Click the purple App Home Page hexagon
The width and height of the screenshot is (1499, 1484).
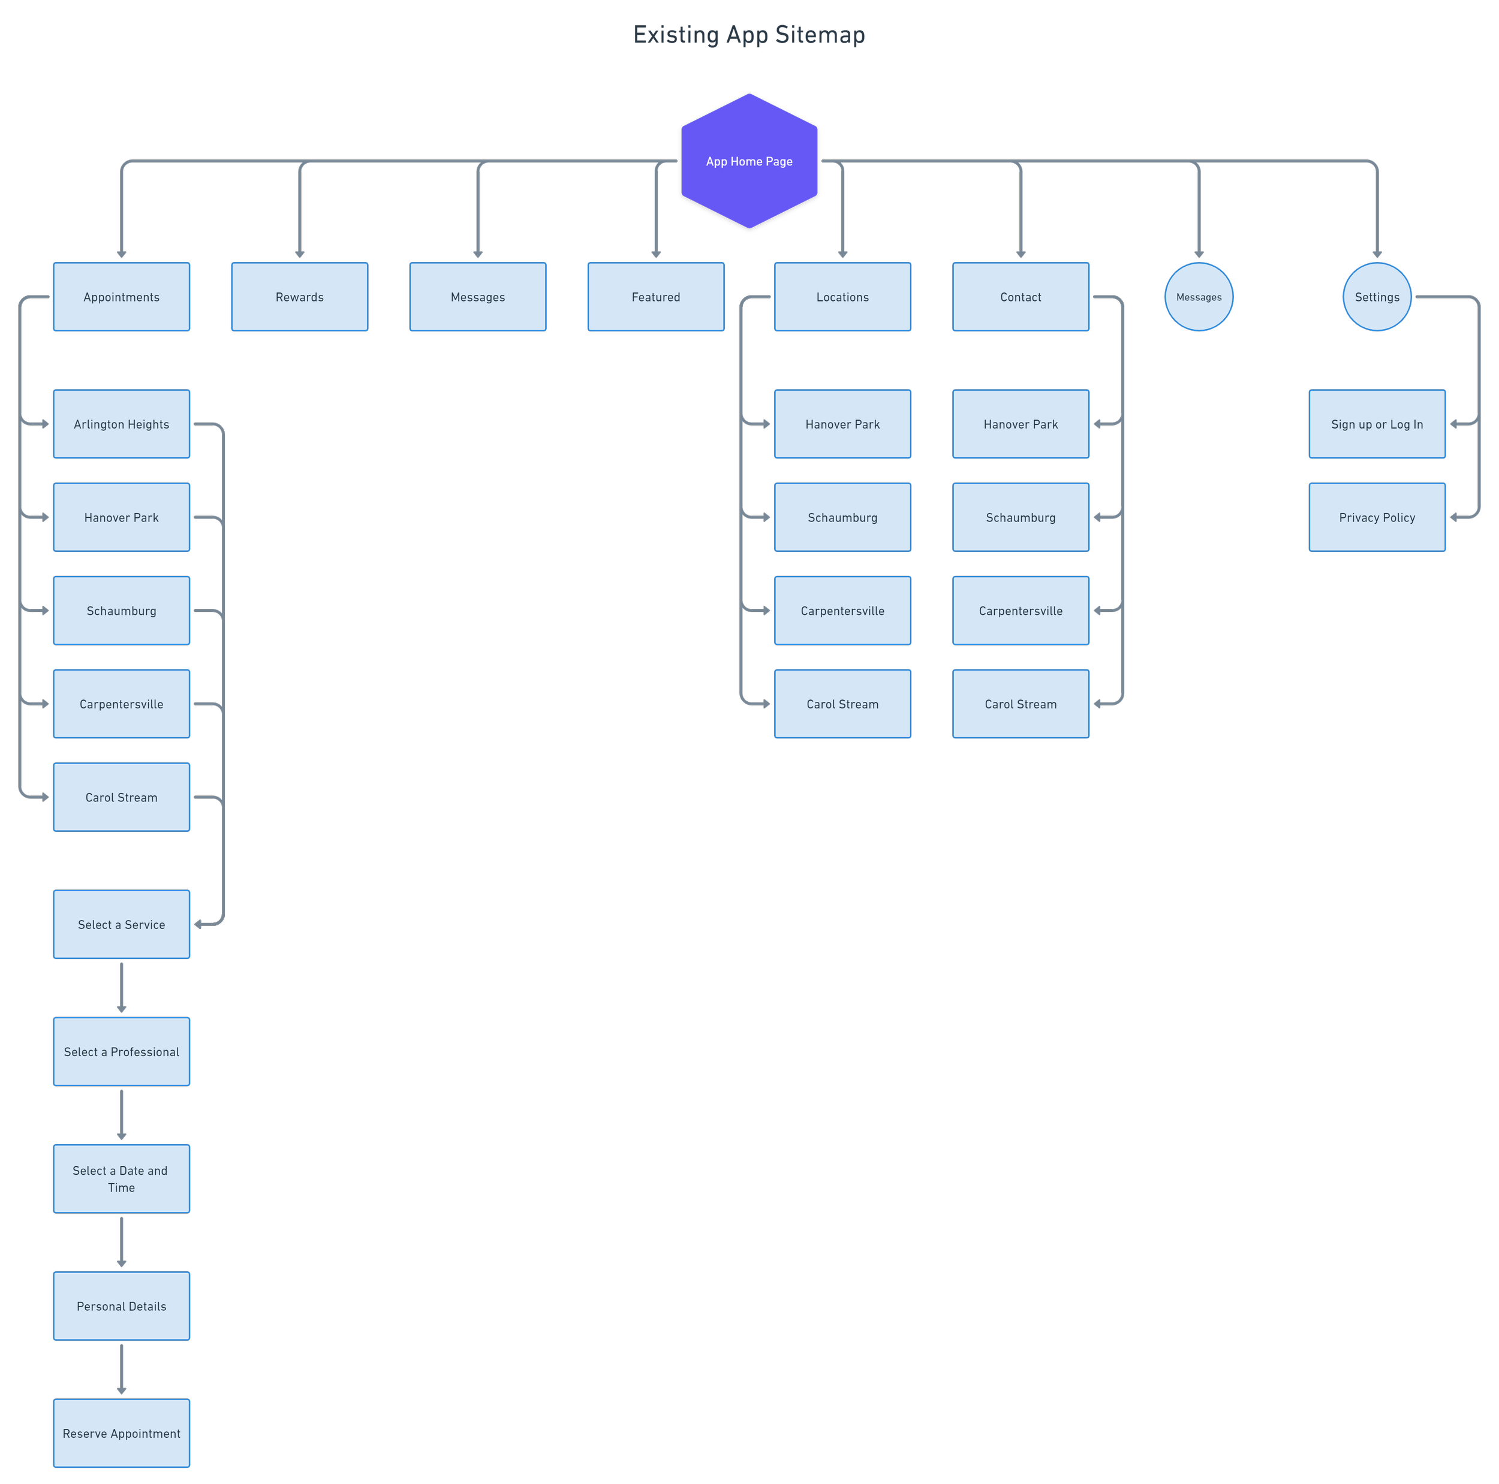pos(749,161)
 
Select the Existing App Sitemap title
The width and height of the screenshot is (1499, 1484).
pos(749,35)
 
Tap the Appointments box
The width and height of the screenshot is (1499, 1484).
pos(121,297)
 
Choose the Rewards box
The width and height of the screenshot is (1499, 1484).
pos(299,297)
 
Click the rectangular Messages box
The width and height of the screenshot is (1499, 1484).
pos(477,297)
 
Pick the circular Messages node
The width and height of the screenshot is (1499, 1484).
pos(1198,297)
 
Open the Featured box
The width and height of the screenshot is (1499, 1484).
pos(655,297)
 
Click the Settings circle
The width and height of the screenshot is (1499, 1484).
pos(1377,297)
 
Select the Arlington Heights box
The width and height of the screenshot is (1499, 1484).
pos(121,424)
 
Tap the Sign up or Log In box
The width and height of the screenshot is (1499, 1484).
pos(1377,424)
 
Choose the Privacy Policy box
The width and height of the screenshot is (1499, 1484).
pos(1377,517)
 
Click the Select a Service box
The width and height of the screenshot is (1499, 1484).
pos(121,925)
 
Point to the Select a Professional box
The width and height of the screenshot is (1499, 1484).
pos(121,1052)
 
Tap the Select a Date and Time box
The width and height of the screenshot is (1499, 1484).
pos(121,1179)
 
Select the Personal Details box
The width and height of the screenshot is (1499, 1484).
pos(121,1307)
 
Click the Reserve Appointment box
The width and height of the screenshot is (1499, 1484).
pos(121,1434)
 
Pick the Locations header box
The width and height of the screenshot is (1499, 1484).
pos(842,297)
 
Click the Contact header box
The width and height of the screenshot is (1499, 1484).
pos(1021,297)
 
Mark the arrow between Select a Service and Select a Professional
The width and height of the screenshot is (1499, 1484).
pos(121,988)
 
